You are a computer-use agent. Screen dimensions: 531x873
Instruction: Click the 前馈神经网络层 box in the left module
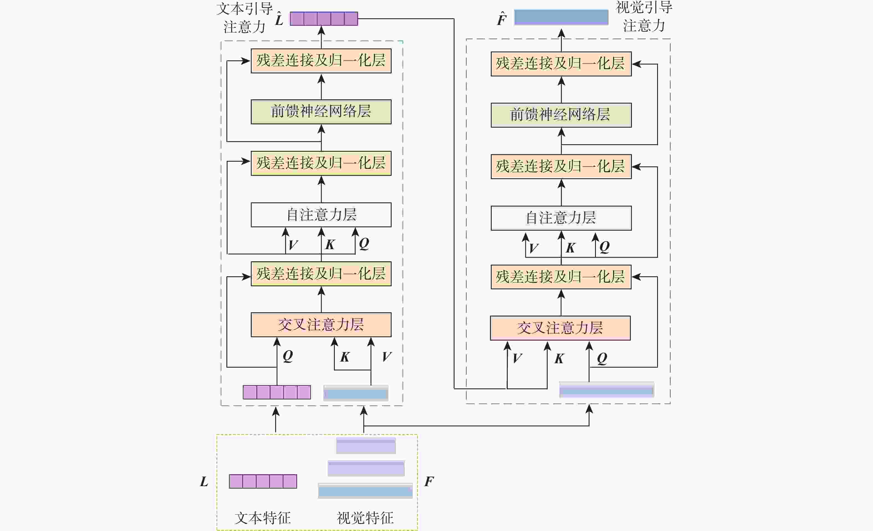coord(321,112)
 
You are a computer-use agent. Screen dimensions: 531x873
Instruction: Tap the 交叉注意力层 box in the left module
coord(321,325)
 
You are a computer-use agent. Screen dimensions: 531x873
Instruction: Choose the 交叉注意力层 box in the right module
coord(560,328)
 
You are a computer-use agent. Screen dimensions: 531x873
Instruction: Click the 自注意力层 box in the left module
coord(321,215)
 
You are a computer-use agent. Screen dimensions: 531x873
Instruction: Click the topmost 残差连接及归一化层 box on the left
coord(321,61)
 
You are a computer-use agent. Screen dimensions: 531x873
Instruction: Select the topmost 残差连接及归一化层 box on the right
coord(561,64)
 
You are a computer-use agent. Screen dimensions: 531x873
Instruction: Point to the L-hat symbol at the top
coord(279,19)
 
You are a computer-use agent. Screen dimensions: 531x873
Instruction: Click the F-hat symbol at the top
coord(502,19)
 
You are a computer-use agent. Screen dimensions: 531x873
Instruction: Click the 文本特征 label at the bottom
coord(262,518)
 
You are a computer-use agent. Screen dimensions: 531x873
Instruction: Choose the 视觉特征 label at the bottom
coord(365,518)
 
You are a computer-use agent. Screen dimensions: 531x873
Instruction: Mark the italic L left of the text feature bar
coord(204,482)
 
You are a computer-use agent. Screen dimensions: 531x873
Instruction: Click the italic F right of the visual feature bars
coord(429,482)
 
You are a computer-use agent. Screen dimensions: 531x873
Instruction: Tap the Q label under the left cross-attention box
coord(288,356)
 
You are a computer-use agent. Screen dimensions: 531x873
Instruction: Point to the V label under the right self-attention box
coord(533,248)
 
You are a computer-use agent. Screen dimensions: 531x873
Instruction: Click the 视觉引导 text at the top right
coord(644,8)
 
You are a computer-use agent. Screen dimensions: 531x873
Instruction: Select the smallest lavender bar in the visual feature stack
coord(366,446)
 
